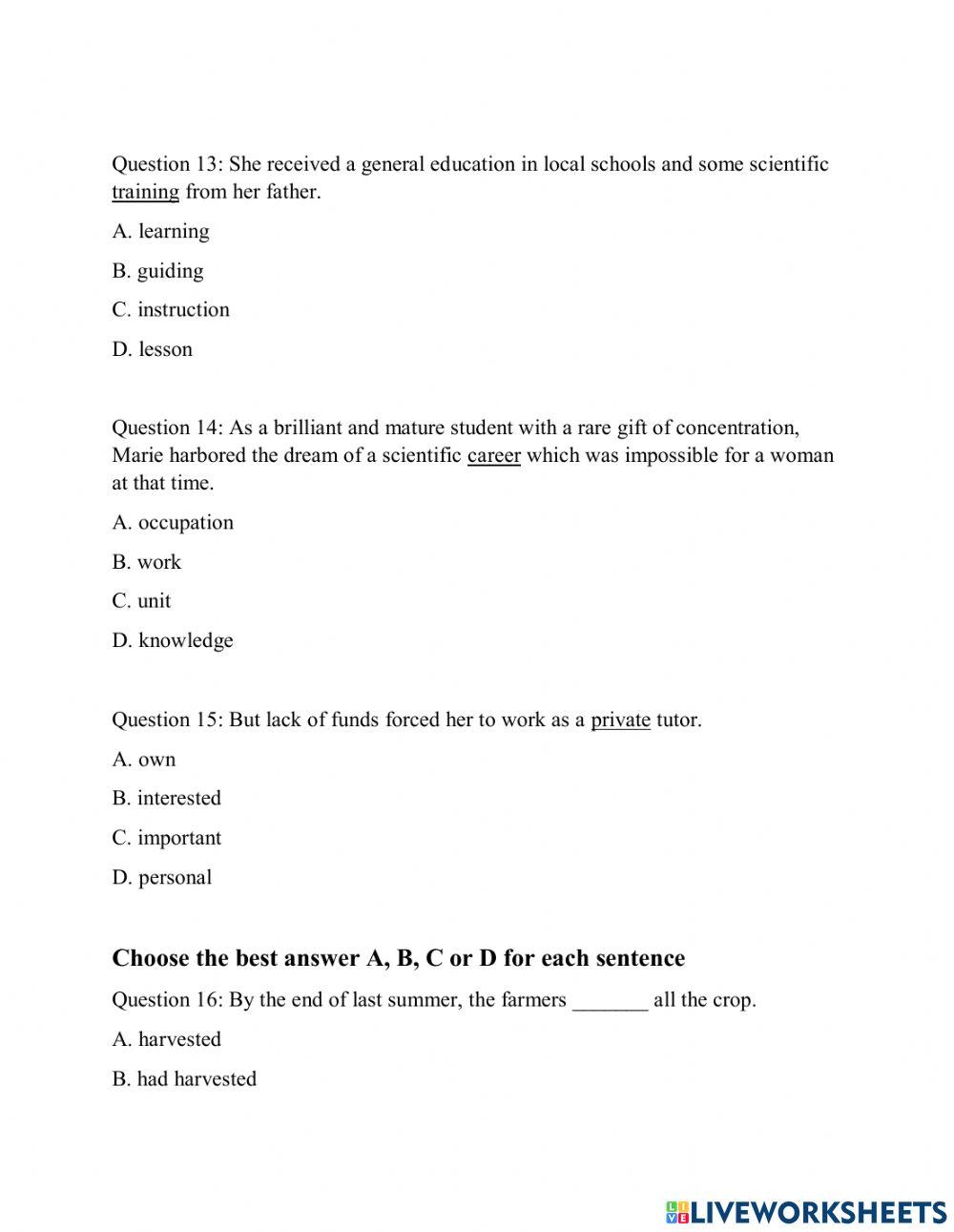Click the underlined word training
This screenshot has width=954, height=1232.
tap(145, 192)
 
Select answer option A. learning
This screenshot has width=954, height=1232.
tap(160, 232)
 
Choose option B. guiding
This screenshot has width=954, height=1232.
tap(157, 271)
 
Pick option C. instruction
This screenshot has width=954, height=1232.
tap(171, 310)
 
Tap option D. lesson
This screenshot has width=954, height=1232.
tap(153, 349)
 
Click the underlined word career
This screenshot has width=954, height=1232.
tap(493, 455)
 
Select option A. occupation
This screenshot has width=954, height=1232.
tap(173, 523)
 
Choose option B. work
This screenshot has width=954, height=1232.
tap(146, 562)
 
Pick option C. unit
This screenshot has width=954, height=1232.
tap(141, 601)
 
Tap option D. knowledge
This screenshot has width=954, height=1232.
tap(173, 640)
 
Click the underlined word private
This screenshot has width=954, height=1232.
tap(620, 720)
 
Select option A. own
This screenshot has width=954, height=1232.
tap(144, 760)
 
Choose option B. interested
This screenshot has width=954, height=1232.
tap(166, 799)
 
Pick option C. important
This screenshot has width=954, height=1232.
tap(167, 838)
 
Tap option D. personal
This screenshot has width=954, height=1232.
tap(162, 877)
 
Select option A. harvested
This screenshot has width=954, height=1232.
tap(166, 1039)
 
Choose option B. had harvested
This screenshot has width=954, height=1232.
tap(184, 1079)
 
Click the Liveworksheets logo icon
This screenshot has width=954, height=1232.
tap(677, 1212)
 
